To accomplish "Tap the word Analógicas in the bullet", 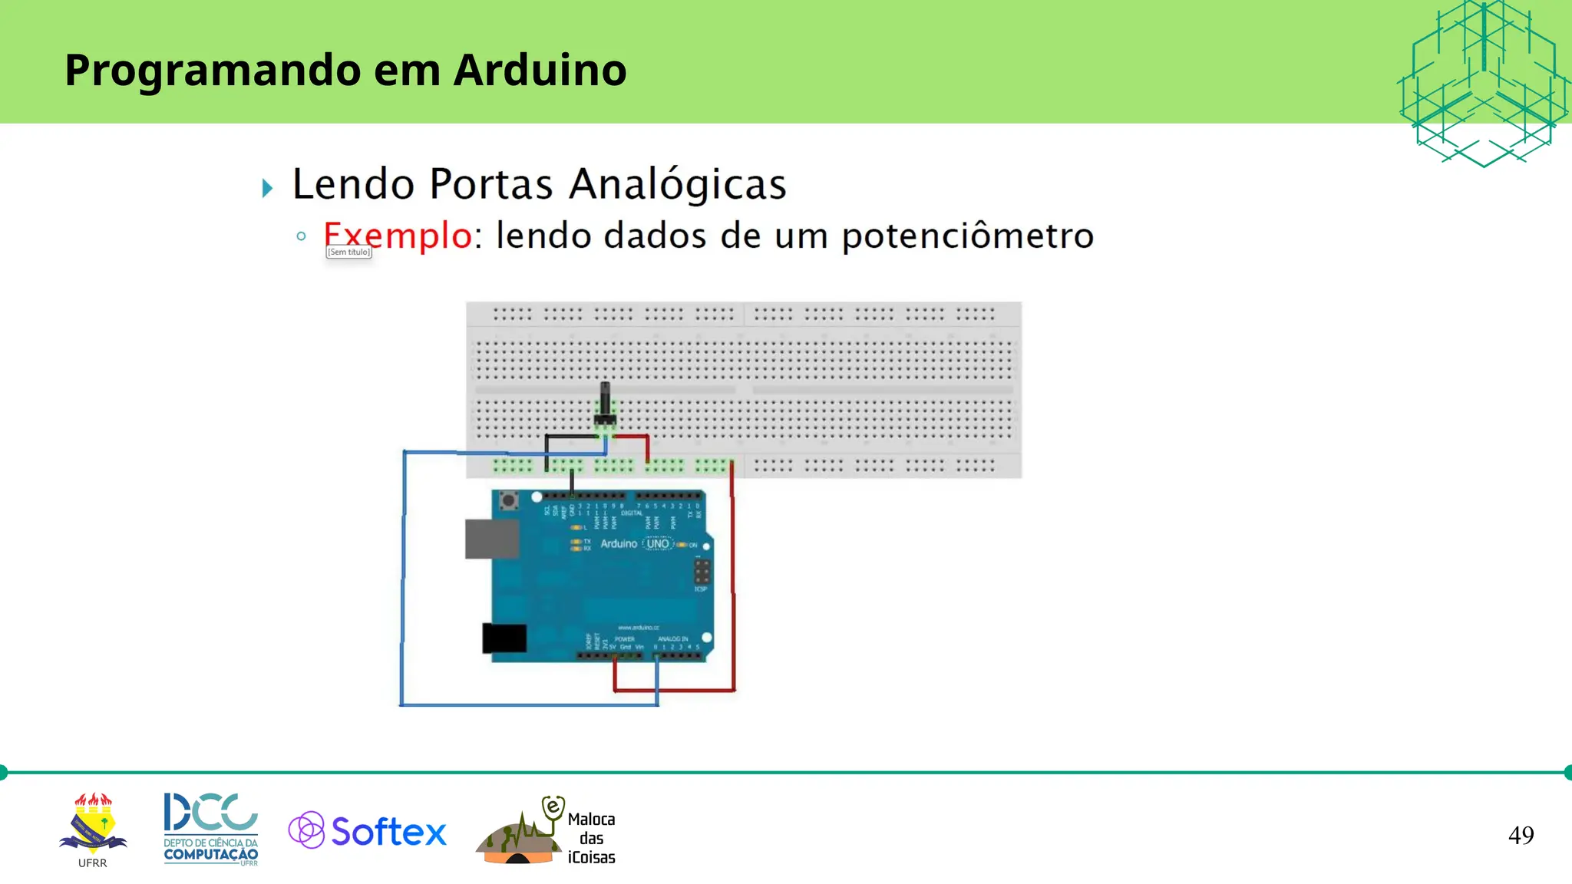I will coord(678,184).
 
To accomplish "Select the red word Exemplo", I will coord(397,235).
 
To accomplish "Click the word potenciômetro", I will coord(967,236).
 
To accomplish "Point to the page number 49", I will coord(1521,835).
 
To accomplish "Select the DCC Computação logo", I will coord(211,829).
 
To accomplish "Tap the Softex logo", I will coord(368,830).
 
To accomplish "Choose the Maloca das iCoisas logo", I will coord(547,832).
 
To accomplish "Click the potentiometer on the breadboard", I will coord(605,405).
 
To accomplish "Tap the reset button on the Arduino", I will coord(507,502).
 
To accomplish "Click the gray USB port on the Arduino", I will coord(491,538).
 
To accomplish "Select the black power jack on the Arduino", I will coord(504,638).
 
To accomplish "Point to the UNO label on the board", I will coord(658,543).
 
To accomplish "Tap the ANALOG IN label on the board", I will coord(672,638).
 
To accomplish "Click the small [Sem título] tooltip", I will coord(349,252).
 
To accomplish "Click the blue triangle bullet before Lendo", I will coord(267,188).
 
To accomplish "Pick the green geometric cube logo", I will coord(1483,83).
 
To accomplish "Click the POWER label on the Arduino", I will coord(624,638).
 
